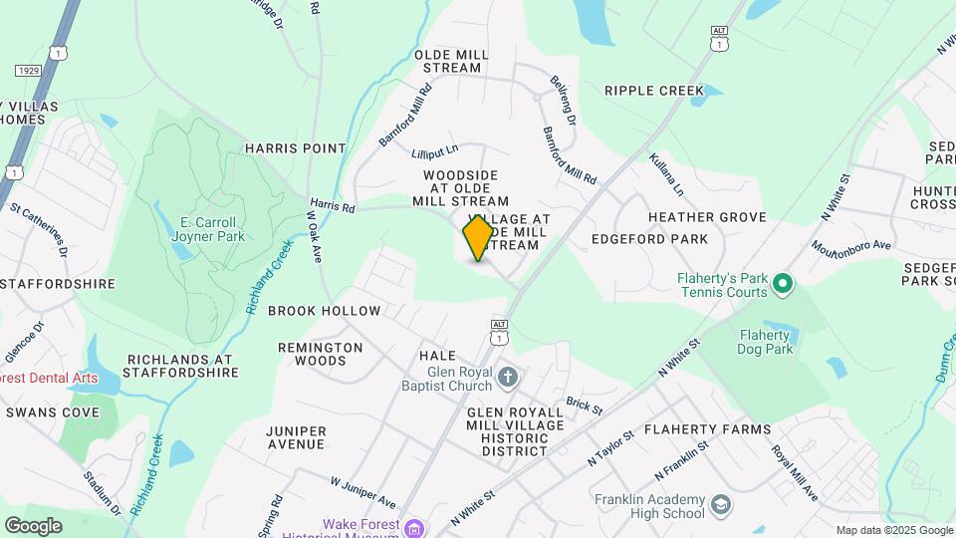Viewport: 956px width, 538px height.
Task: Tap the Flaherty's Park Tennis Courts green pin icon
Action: click(783, 285)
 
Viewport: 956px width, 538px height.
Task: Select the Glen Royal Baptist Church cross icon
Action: click(508, 377)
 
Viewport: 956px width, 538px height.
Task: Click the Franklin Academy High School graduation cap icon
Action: click(719, 506)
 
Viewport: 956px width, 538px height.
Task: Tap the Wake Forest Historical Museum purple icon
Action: click(415, 525)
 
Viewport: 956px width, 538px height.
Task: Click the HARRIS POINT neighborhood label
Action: click(296, 148)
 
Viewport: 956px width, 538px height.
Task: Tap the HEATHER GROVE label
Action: click(707, 217)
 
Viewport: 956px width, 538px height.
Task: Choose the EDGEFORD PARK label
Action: click(649, 239)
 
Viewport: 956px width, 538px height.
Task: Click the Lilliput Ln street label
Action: click(434, 152)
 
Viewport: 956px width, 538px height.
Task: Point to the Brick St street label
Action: click(585, 407)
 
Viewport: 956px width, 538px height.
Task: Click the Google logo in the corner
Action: click(33, 525)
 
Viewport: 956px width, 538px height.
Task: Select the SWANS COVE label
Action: click(52, 412)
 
